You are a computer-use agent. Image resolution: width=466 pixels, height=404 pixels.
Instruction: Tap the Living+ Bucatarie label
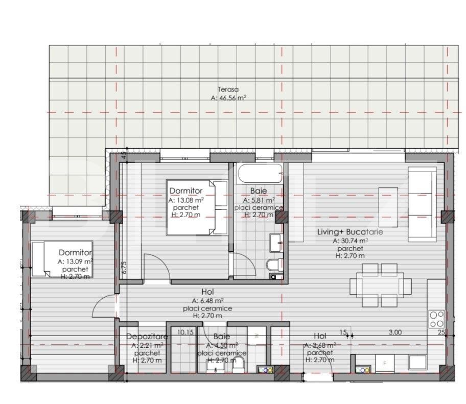click(350, 232)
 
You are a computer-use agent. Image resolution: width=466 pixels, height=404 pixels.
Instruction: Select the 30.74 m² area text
click(350, 240)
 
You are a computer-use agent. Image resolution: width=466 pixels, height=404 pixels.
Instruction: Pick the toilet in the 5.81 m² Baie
click(275, 265)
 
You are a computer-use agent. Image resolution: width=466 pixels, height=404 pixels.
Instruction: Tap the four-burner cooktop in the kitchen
click(436, 319)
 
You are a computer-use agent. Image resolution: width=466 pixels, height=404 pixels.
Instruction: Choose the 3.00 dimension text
click(395, 332)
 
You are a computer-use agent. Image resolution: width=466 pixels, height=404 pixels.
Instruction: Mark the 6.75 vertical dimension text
click(124, 268)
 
